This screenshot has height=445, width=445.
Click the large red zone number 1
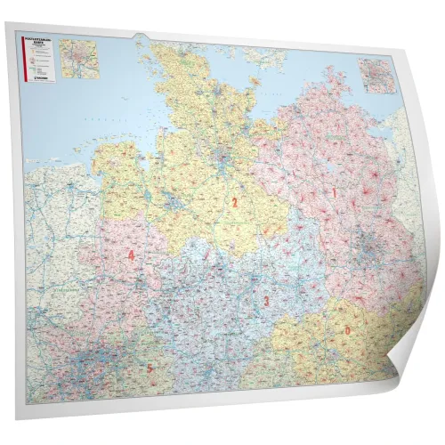click(334, 192)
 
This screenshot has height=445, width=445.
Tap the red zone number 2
click(234, 203)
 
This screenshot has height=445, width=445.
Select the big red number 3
click(266, 302)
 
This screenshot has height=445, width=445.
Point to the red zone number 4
click(132, 256)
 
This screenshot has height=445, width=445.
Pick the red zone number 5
click(150, 368)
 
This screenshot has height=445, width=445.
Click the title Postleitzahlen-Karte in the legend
click(41, 41)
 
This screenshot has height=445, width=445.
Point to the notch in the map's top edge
click(141, 38)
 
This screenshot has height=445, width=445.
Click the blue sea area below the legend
click(53, 125)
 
